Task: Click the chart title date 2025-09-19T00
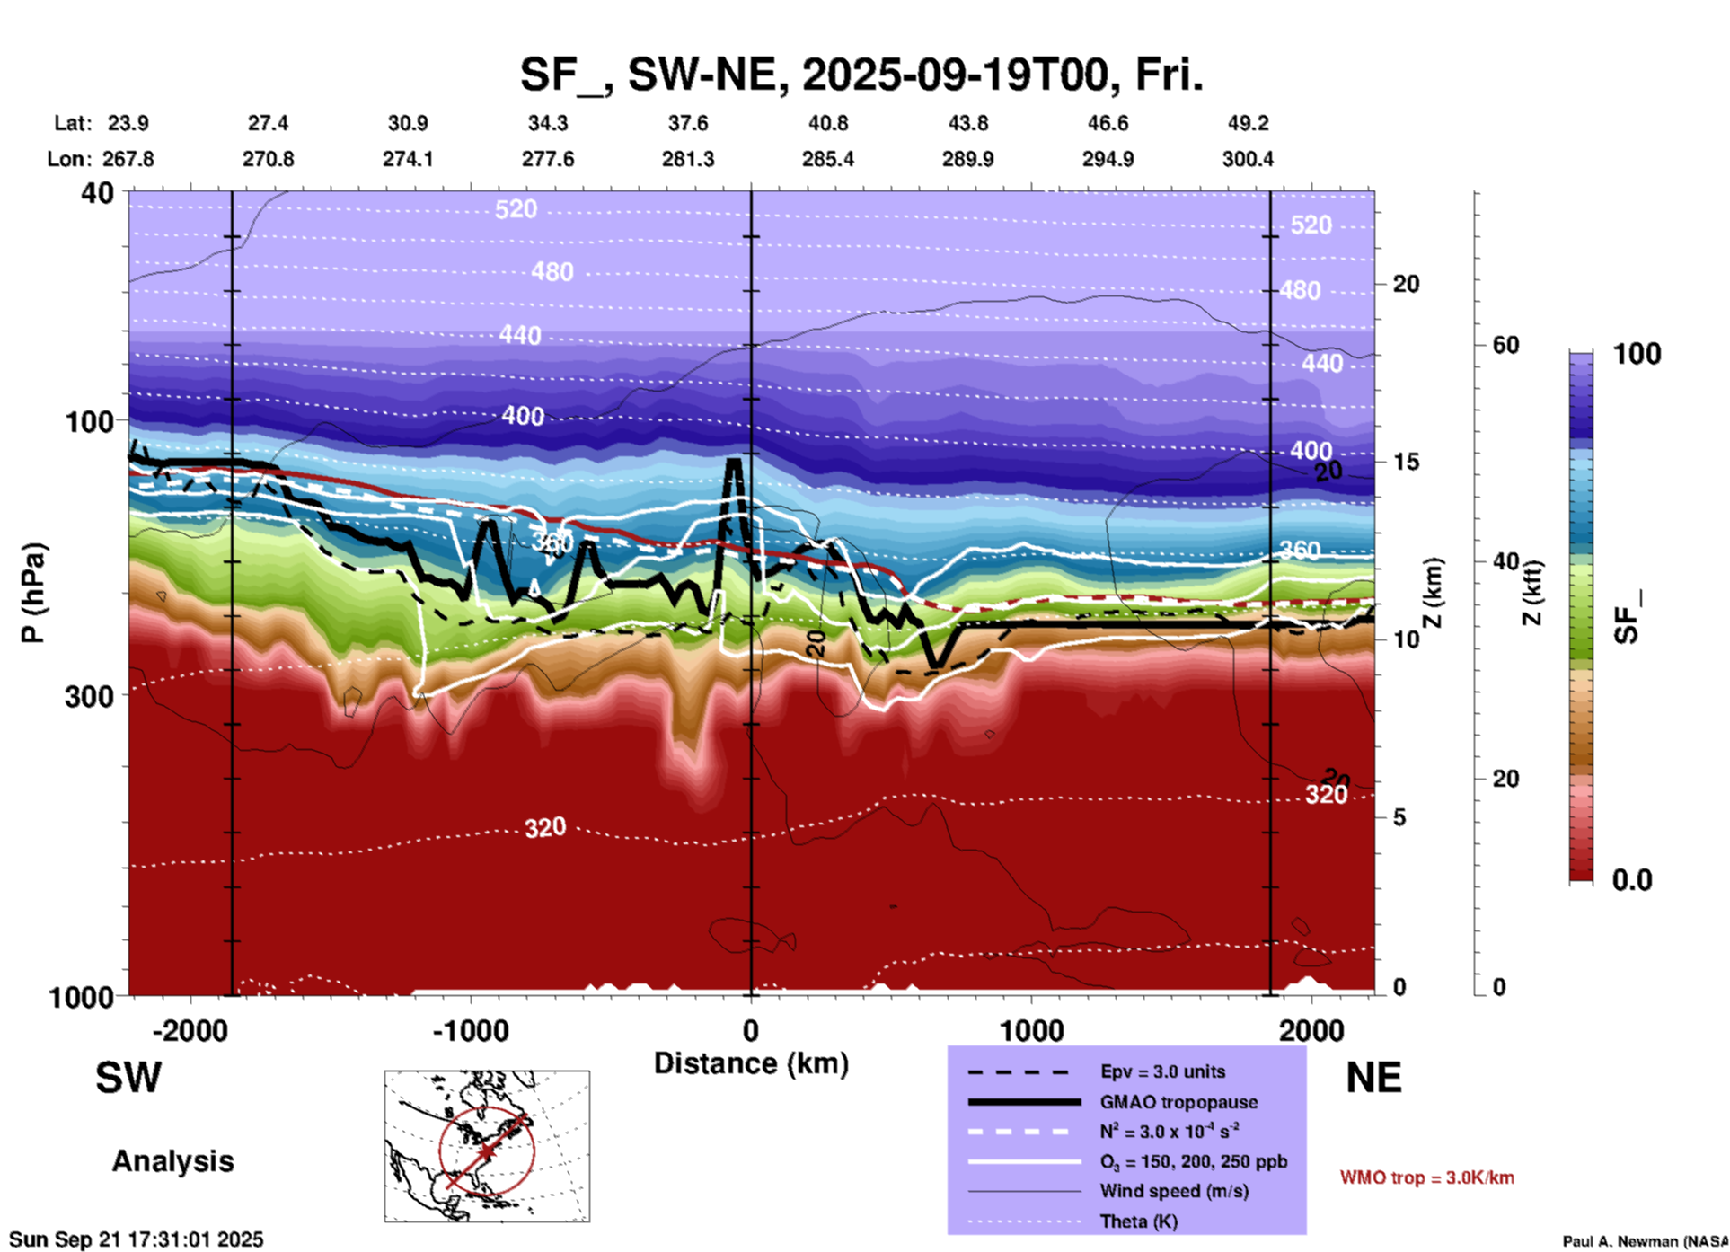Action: [956, 75]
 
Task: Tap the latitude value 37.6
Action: [688, 123]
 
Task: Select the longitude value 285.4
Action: [827, 159]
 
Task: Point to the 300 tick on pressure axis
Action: [89, 696]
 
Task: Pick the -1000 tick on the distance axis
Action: [470, 1030]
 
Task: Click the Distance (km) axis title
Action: [751, 1063]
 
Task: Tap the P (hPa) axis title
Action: [33, 593]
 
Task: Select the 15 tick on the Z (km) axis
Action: [1406, 462]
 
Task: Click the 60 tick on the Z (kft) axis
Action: [1505, 345]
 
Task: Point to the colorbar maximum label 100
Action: [1637, 354]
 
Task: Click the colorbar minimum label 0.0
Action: [1632, 880]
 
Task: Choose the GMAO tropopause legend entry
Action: [1178, 1102]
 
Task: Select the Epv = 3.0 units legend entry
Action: [1162, 1071]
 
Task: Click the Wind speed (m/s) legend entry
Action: [1174, 1191]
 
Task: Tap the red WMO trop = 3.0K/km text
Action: [1426, 1177]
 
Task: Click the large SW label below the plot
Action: [128, 1078]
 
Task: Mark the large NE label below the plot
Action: [1373, 1078]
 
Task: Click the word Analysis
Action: [172, 1161]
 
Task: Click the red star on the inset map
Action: [486, 1151]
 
